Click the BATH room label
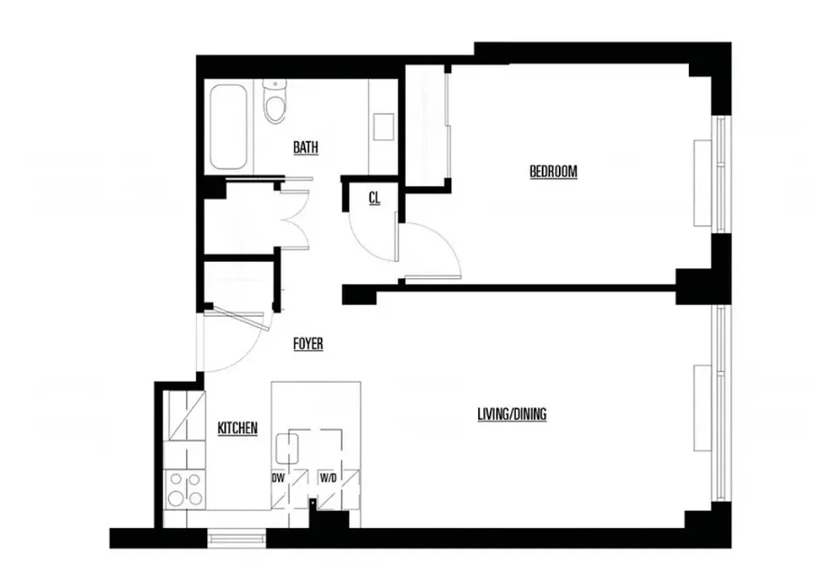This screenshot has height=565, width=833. [x=306, y=148]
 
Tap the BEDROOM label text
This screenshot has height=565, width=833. [x=553, y=171]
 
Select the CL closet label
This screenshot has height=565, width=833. [x=374, y=199]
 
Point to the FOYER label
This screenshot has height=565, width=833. [x=308, y=344]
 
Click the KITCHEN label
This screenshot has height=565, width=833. [x=237, y=428]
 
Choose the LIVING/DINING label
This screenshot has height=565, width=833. [x=512, y=415]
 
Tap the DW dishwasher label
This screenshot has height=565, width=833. [x=278, y=478]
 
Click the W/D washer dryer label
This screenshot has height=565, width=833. [x=328, y=478]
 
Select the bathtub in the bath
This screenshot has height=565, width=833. [x=228, y=126]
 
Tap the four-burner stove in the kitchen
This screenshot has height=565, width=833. [x=184, y=489]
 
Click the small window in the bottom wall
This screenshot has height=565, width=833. [x=237, y=538]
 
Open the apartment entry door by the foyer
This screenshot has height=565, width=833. [x=234, y=341]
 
